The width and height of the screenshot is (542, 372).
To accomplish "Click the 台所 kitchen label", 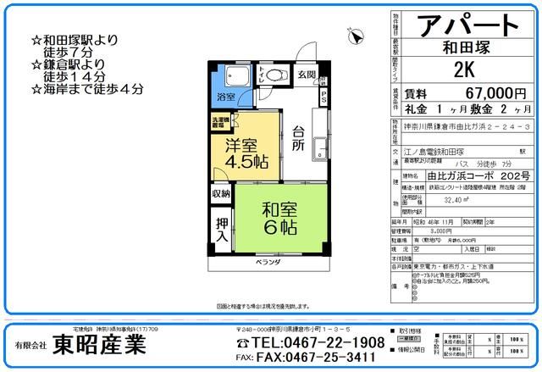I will (x=298, y=138).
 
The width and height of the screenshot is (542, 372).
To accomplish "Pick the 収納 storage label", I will (x=221, y=194).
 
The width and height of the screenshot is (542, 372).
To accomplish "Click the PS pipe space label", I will (x=324, y=97).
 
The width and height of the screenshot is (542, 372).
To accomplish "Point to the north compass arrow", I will (x=357, y=36).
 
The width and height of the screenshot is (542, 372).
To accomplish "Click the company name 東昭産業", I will (x=100, y=344).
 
